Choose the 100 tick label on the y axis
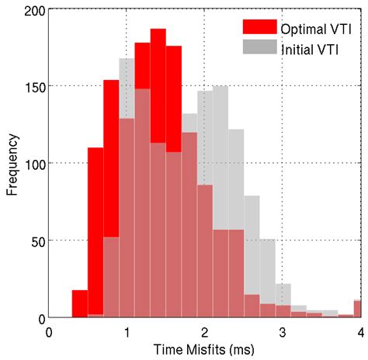(x=34, y=164)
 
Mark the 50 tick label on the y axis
(x=37, y=241)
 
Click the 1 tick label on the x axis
(x=127, y=332)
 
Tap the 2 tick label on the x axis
(x=204, y=332)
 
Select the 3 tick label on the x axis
(x=282, y=332)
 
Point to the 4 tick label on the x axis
(x=359, y=332)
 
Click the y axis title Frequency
(x=12, y=165)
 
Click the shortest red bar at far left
(x=80, y=304)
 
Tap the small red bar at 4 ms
(x=357, y=309)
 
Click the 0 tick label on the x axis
(x=49, y=332)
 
